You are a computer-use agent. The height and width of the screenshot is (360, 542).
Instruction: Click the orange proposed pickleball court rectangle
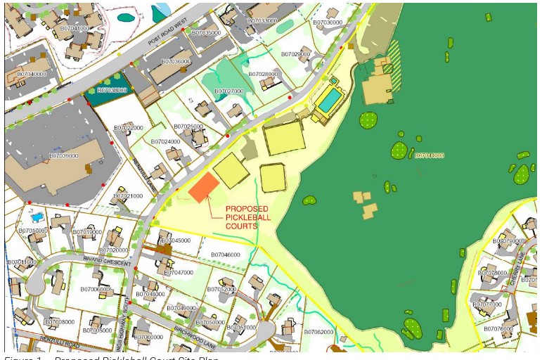(x=203, y=187)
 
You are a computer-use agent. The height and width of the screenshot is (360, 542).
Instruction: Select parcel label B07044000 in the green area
(x=429, y=155)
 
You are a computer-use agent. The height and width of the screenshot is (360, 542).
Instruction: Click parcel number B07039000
(x=64, y=156)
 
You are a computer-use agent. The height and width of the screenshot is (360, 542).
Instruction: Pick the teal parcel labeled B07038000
(x=111, y=91)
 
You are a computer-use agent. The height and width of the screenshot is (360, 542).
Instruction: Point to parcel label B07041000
(x=75, y=29)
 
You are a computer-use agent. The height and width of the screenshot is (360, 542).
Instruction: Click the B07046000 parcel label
(x=225, y=255)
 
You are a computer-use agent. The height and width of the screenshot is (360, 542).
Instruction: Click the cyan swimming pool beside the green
(x=328, y=101)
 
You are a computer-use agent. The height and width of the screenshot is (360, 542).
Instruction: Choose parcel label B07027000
(x=229, y=91)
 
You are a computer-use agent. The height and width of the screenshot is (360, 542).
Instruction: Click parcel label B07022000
(x=129, y=128)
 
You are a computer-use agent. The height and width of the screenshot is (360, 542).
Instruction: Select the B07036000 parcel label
(x=176, y=62)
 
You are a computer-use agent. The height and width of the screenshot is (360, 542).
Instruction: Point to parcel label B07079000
(x=508, y=241)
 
